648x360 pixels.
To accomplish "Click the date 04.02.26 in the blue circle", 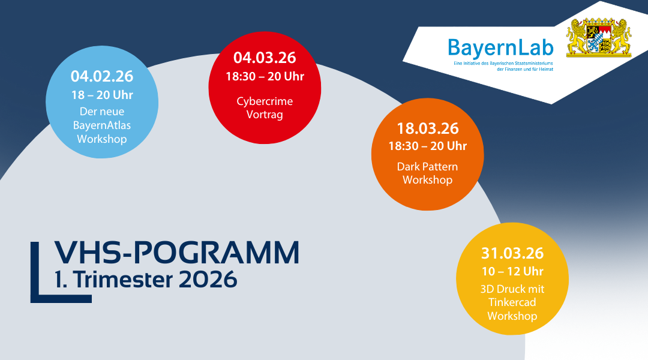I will (x=102, y=76).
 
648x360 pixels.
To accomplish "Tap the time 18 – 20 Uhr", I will (x=102, y=95).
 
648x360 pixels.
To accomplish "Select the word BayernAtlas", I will (x=102, y=125).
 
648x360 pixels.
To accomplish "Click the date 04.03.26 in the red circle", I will (x=265, y=58).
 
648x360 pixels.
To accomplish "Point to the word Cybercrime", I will (x=265, y=101).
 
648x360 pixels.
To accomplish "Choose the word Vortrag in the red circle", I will (x=265, y=114).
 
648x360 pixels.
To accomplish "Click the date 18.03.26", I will (x=427, y=128).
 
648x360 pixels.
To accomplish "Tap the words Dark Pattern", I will (x=427, y=166).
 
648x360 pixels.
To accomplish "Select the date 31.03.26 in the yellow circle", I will (x=512, y=253).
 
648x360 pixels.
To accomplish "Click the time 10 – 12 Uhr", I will (x=512, y=271).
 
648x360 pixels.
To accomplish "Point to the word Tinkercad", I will (x=512, y=302).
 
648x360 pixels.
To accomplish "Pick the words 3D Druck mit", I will (x=512, y=289).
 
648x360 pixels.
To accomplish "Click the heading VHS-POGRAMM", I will (x=176, y=253).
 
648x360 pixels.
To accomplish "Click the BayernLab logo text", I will (x=500, y=47).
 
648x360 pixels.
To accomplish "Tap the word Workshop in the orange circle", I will (x=427, y=180).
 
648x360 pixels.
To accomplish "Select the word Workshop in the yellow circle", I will (x=512, y=316).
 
